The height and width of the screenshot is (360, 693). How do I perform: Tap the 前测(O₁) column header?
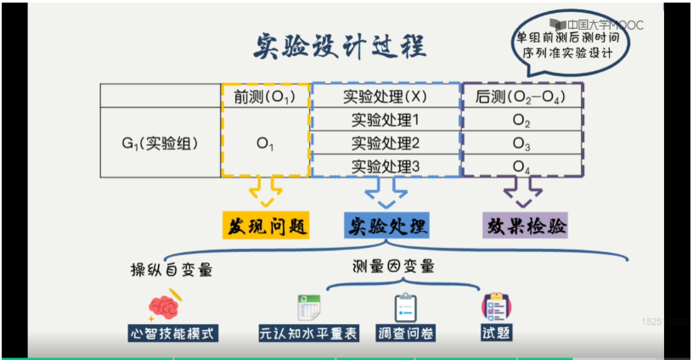pos(265,96)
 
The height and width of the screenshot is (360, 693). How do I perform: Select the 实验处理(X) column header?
pos(386,96)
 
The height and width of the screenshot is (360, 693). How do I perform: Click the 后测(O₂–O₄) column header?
pos(522,96)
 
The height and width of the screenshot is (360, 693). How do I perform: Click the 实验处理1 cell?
pos(386,120)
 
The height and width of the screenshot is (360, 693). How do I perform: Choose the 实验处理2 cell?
pos(386,142)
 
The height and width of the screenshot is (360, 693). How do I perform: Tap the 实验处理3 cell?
pos(386,166)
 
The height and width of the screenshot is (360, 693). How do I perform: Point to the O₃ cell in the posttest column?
pos(522,143)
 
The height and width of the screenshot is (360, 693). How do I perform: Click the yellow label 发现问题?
pos(265,226)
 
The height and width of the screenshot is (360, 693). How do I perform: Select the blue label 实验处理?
pos(386,226)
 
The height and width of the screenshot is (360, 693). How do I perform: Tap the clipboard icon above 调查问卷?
pos(405,307)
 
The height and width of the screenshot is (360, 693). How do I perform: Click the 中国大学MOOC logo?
pos(594,25)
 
